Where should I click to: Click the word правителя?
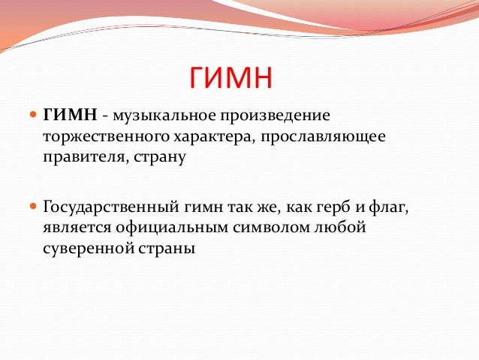(x=78, y=159)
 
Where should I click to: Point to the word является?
(x=76, y=227)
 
